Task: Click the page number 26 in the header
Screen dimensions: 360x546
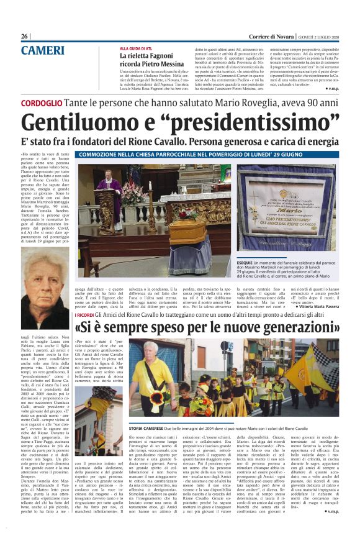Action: pos(25,37)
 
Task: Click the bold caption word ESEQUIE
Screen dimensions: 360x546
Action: pos(245,262)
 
